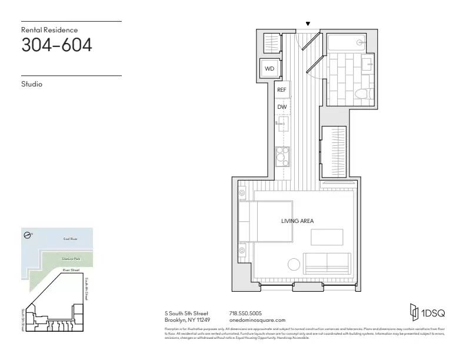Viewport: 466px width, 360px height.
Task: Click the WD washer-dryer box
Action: click(269, 68)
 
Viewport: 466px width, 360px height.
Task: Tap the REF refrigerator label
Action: click(282, 91)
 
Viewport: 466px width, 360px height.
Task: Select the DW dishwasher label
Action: click(282, 106)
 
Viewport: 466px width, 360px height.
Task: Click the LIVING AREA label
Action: click(297, 221)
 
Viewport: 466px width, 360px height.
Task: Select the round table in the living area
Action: click(292, 265)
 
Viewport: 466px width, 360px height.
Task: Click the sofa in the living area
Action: click(327, 263)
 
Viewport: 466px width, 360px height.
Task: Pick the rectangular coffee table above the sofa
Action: click(327, 236)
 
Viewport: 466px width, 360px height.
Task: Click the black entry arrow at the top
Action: click(307, 24)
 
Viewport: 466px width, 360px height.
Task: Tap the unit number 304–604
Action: click(56, 45)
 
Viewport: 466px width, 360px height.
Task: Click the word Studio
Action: click(32, 84)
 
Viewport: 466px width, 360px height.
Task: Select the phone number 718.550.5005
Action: click(245, 314)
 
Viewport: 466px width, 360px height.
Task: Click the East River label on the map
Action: click(71, 239)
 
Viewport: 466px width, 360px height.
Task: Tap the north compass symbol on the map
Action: click(28, 235)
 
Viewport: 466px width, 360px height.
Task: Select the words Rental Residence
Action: click(49, 29)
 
